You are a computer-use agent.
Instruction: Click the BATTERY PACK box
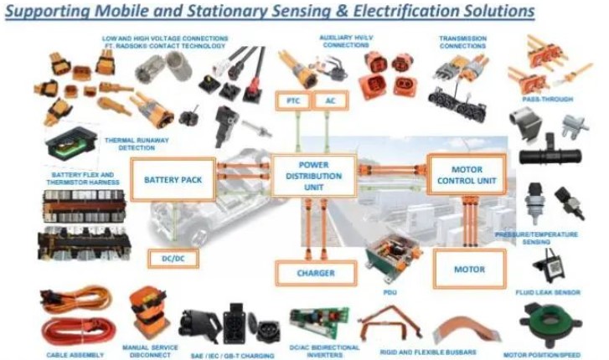point(173,179)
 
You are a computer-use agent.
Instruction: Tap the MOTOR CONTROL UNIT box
point(466,174)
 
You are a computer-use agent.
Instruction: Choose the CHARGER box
point(315,273)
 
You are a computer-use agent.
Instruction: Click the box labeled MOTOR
point(469,270)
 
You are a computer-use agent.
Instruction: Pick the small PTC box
point(292,100)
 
